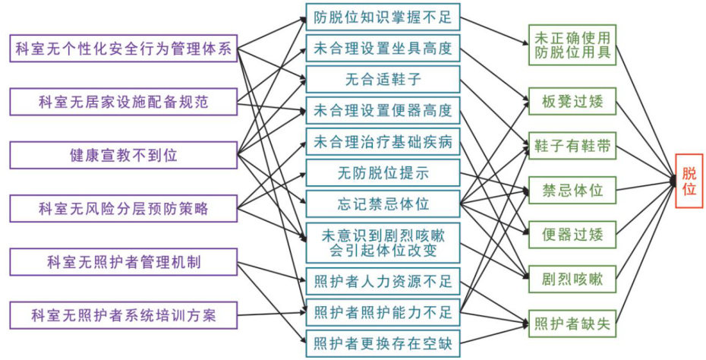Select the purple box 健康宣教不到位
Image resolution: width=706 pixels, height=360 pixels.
pyautogui.click(x=123, y=154)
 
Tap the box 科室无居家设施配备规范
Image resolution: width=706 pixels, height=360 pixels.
pyautogui.click(x=123, y=101)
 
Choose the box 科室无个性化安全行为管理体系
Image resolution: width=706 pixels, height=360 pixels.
pyautogui.click(x=123, y=50)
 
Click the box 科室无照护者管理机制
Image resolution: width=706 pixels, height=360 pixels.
pyautogui.click(x=123, y=262)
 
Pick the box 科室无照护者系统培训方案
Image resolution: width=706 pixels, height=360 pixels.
pyautogui.click(x=123, y=313)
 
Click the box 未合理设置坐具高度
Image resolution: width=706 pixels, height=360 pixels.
pyautogui.click(x=383, y=49)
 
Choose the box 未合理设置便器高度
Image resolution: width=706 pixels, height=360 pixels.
pyautogui.click(x=383, y=111)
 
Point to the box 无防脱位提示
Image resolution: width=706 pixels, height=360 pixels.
pyautogui.click(x=383, y=172)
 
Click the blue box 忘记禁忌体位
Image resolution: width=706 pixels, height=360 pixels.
pyautogui.click(x=383, y=204)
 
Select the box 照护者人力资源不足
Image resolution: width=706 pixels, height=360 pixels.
pyautogui.click(x=383, y=283)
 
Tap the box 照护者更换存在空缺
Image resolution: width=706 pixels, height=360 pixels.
pyautogui.click(x=383, y=343)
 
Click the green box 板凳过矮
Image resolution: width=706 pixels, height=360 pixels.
pyautogui.click(x=572, y=101)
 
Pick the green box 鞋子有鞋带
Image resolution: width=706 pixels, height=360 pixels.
pyautogui.click(x=572, y=147)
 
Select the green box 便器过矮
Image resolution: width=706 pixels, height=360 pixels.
pyautogui.click(x=572, y=234)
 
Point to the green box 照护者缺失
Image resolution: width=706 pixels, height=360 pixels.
pyautogui.click(x=572, y=324)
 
